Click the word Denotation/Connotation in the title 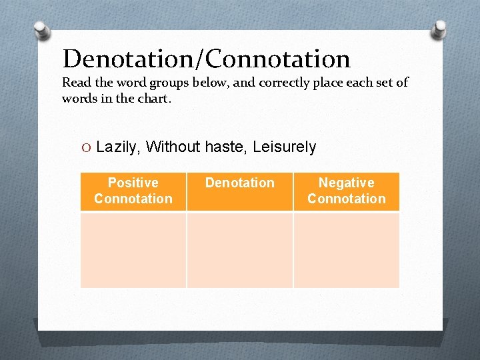coord(206,59)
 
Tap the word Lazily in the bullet coord(118,147)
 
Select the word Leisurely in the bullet coord(285,147)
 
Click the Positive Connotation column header coord(133,191)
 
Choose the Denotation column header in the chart coord(240,183)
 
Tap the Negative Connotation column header coord(347,191)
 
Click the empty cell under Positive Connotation coord(133,250)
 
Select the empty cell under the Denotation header coord(240,250)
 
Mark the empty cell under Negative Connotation coord(347,250)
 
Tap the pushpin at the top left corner coord(41,30)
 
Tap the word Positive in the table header coord(133,183)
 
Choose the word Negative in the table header coord(347,183)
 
